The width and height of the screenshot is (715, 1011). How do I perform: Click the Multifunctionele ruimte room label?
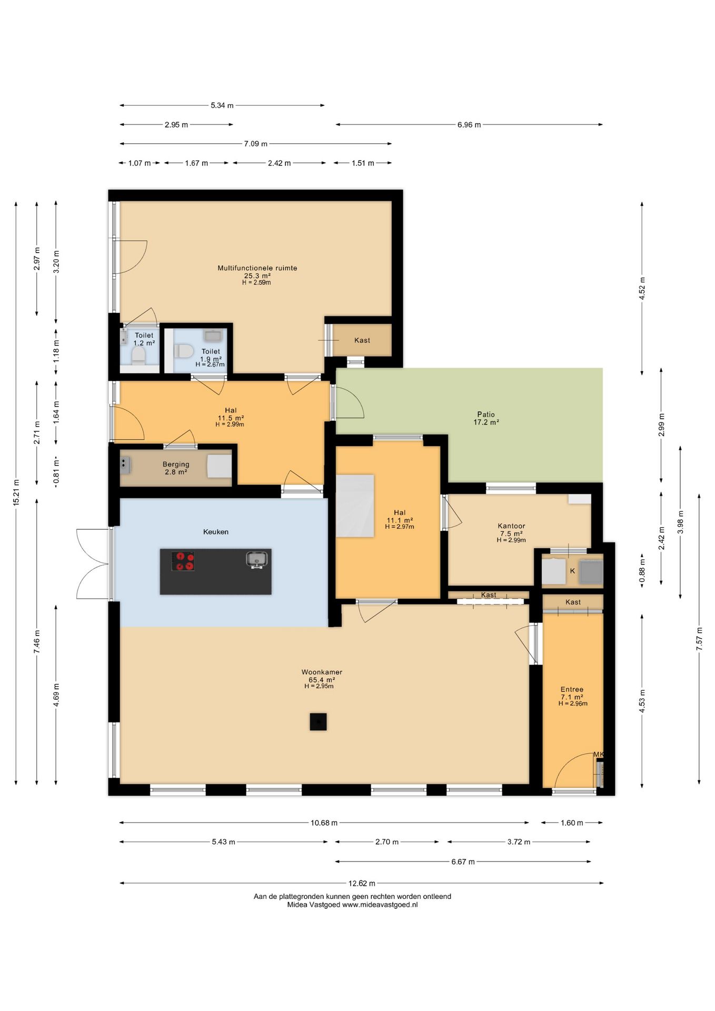point(257,268)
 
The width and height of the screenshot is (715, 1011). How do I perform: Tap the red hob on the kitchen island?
point(183,561)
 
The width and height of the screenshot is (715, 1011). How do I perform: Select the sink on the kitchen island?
point(256,559)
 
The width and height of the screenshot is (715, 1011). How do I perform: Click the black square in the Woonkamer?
point(318,721)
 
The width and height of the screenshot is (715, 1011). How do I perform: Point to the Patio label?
point(486,414)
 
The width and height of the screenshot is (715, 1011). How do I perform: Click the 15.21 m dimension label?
point(16,493)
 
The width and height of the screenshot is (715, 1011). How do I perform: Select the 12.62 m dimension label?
point(362,883)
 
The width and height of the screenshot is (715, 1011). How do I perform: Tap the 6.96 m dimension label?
point(469,125)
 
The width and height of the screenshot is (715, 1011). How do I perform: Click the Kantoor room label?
point(511,526)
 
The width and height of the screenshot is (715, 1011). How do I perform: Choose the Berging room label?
point(176,464)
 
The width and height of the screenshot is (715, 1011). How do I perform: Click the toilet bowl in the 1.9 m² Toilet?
point(184,351)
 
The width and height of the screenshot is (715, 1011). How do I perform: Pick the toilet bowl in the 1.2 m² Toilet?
point(138,356)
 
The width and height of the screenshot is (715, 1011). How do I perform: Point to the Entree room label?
point(572,689)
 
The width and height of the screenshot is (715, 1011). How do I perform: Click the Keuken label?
point(216,532)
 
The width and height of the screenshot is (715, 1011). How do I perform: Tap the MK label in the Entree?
point(599,755)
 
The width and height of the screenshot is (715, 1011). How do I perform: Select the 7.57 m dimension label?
point(700,639)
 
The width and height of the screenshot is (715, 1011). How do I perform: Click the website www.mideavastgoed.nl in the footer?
point(380,905)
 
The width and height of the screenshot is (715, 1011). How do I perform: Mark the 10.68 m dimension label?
point(324,822)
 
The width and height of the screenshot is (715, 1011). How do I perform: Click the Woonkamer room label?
point(322,672)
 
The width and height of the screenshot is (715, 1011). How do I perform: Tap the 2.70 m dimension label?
point(387,841)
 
